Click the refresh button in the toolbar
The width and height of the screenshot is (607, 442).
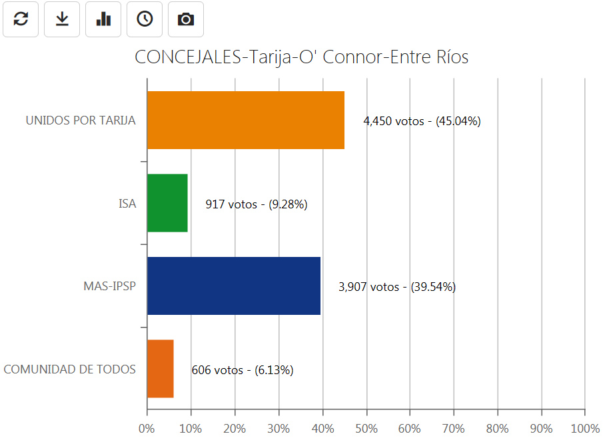coord(21,19)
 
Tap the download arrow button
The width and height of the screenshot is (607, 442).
coord(62,19)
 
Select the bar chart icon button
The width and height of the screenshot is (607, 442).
coord(103,19)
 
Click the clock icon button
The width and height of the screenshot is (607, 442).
coord(145,19)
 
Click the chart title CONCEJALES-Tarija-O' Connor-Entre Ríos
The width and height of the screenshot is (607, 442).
coord(301,57)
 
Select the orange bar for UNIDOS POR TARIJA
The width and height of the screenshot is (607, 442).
coord(245,120)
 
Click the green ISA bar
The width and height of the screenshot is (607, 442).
coord(167,203)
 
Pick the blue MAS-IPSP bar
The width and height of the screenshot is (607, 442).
coord(233,286)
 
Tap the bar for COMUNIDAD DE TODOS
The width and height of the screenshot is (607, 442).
coord(160,368)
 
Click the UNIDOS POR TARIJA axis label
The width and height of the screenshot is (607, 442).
coord(81,120)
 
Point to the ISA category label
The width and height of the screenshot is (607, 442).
coord(127,204)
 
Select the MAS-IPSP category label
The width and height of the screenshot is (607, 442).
coord(109,286)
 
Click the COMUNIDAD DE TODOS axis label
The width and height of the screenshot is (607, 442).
coord(70,369)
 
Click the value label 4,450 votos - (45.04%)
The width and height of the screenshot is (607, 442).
coord(422,121)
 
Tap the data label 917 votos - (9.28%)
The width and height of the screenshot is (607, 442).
coord(256,204)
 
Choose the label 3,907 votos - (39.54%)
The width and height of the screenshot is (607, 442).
coord(397,287)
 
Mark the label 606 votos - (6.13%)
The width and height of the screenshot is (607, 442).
coord(242,370)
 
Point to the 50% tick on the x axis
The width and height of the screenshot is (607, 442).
coord(366,427)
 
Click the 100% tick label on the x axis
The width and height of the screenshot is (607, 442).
coord(584,427)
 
